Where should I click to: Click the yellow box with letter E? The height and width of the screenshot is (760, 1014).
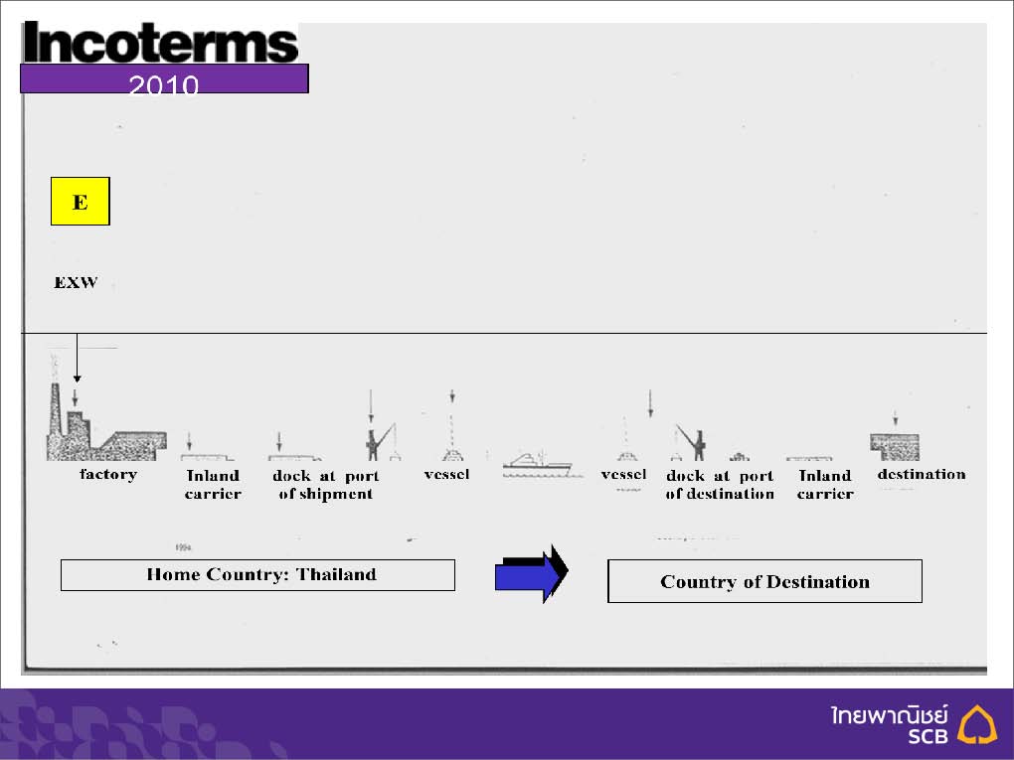click(x=81, y=201)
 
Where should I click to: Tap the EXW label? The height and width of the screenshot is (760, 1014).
click(x=76, y=282)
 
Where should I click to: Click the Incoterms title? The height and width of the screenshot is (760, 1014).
click(x=160, y=43)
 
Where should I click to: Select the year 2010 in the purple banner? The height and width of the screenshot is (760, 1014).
click(x=164, y=84)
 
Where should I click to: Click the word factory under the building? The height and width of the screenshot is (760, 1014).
click(x=108, y=474)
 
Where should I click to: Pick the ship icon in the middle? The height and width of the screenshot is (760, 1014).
click(x=538, y=465)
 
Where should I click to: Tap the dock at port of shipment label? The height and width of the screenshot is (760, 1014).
click(x=325, y=485)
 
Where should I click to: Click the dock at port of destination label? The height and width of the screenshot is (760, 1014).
click(x=720, y=485)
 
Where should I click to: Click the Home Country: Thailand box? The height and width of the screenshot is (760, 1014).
click(x=257, y=574)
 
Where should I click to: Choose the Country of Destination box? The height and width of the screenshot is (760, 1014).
click(x=764, y=581)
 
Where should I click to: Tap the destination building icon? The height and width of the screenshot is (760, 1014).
click(x=895, y=447)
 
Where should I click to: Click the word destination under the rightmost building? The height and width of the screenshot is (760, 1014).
click(x=922, y=474)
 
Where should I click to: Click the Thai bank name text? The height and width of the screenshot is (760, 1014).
click(x=890, y=715)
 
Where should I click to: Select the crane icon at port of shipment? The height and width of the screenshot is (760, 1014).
click(x=380, y=442)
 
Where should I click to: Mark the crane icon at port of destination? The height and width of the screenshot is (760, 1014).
click(x=691, y=443)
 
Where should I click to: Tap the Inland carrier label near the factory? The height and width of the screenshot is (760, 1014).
click(x=213, y=485)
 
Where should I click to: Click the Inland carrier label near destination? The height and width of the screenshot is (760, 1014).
click(x=825, y=485)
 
